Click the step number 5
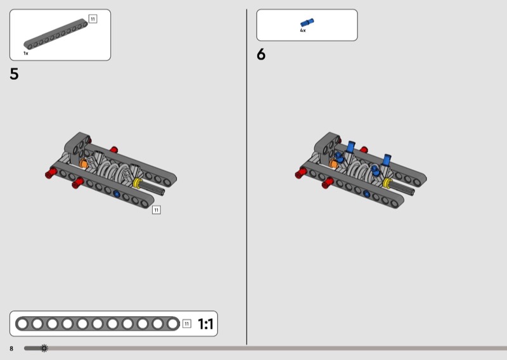pyautogui.click(x=14, y=74)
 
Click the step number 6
pyautogui.click(x=261, y=55)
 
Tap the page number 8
pyautogui.click(x=11, y=349)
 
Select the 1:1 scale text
pyautogui.click(x=205, y=324)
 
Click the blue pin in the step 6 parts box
pyautogui.click(x=307, y=22)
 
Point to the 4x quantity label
pyautogui.click(x=303, y=30)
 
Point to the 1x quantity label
pyautogui.click(x=26, y=53)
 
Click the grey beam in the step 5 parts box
pyautogui.click(x=56, y=34)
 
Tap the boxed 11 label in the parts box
pyautogui.click(x=93, y=19)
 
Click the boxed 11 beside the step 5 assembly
pyautogui.click(x=156, y=210)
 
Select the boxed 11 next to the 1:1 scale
pyautogui.click(x=186, y=323)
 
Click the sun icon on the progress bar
pyautogui.click(x=44, y=349)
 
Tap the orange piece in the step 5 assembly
pyautogui.click(x=83, y=164)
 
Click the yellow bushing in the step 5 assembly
pyautogui.click(x=137, y=183)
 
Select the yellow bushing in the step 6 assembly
pyautogui.click(x=387, y=183)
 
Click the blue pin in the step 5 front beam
pyautogui.click(x=117, y=194)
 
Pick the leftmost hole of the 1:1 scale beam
pyautogui.click(x=22, y=324)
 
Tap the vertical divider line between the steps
pyautogui.click(x=247, y=177)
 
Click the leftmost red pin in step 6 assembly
pyautogui.click(x=300, y=173)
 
